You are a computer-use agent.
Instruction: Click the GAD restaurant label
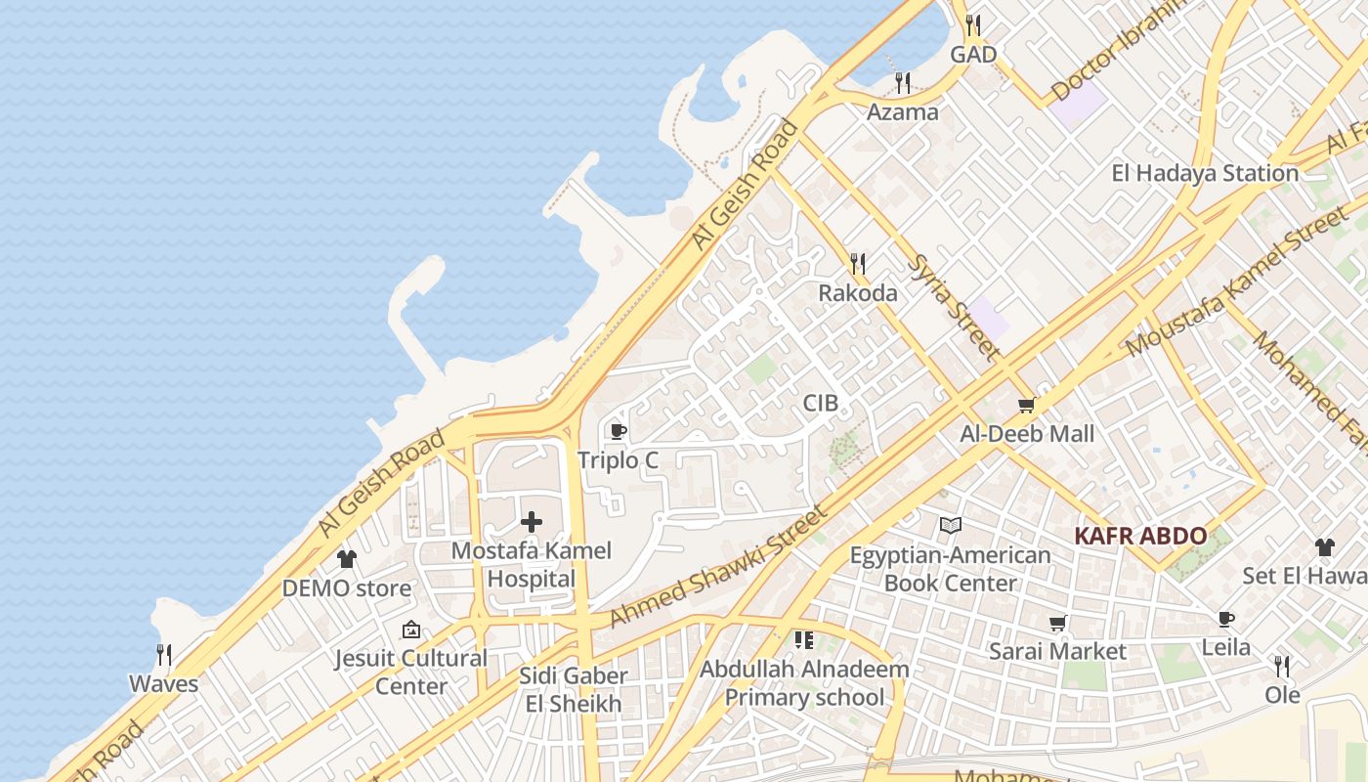tap(973, 55)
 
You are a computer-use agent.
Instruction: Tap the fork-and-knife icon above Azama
tap(903, 83)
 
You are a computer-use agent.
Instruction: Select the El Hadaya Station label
tap(1205, 173)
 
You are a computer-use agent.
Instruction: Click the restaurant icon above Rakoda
tap(858, 263)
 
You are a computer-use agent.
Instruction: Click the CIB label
tap(821, 403)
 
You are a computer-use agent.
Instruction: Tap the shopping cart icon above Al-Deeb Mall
tap(1026, 405)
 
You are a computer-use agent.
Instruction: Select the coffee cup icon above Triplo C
tap(618, 431)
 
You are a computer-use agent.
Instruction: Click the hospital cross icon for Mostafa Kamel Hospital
tap(532, 522)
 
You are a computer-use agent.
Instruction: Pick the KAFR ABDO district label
tap(1140, 536)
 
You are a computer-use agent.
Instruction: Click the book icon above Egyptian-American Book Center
tap(950, 526)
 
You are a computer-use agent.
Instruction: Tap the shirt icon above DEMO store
tap(347, 559)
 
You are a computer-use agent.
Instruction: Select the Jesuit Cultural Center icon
tap(411, 630)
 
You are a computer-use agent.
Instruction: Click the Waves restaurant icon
tap(164, 654)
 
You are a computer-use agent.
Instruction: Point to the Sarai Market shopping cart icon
tap(1057, 623)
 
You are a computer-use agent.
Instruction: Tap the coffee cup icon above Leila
tap(1226, 619)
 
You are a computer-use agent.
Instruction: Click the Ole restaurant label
tap(1283, 695)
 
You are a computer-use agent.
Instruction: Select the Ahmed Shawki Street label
tap(718, 566)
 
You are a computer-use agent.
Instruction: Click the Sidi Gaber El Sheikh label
tap(574, 689)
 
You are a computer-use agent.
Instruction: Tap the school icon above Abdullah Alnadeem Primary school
tap(804, 640)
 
